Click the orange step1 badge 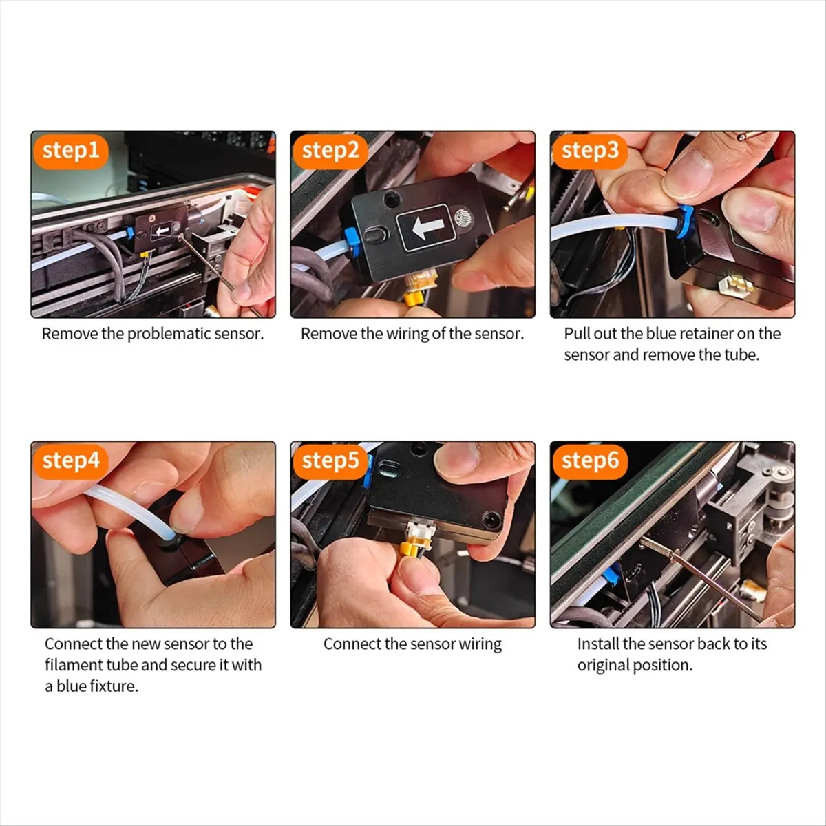coord(71,151)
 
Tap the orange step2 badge coord(330,151)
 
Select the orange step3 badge coord(590,151)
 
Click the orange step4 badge coord(71,461)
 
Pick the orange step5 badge coord(330,461)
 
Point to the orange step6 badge coord(590,461)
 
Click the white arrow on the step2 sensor coord(427,228)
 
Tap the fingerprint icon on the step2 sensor coord(463,218)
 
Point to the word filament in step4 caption coord(69,665)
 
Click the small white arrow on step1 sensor coord(162,231)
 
